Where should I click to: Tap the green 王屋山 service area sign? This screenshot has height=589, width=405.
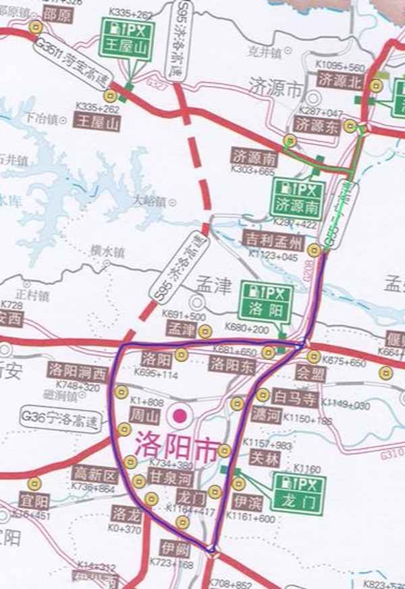tap(127, 39)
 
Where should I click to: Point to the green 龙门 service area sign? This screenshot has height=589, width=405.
tap(300, 492)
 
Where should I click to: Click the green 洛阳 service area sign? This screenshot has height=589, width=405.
tap(265, 302)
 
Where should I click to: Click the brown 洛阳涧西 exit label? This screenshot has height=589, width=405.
tap(78, 371)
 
